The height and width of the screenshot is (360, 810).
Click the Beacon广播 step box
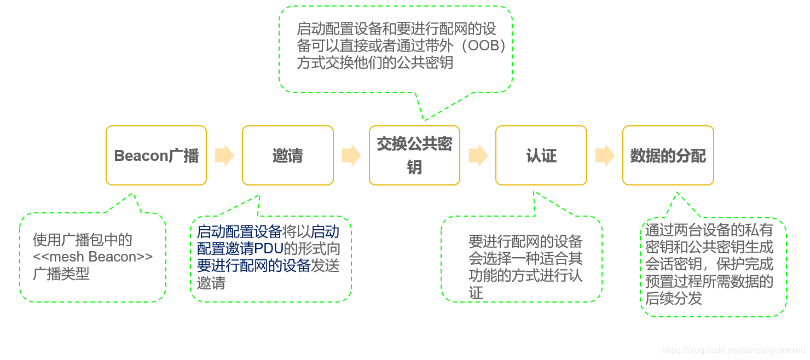point(156,155)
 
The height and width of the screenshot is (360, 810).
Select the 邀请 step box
point(287,155)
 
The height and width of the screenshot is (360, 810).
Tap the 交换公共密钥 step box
point(414,155)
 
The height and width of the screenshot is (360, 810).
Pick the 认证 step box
point(541,155)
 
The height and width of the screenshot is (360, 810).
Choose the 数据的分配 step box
point(668,155)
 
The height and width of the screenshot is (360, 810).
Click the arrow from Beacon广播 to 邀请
point(224,155)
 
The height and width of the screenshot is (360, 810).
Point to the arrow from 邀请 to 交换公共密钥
point(351,155)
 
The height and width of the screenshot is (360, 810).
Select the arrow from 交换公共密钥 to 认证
point(478,155)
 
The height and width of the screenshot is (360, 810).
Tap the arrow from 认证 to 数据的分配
point(605,155)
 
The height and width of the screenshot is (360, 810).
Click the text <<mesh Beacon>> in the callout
point(93,257)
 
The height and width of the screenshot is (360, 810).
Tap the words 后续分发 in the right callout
point(674,299)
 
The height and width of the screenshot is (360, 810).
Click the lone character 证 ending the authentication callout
point(476,293)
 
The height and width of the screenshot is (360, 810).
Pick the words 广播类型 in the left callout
point(61,274)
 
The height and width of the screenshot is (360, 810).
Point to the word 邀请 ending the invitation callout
point(211,283)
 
